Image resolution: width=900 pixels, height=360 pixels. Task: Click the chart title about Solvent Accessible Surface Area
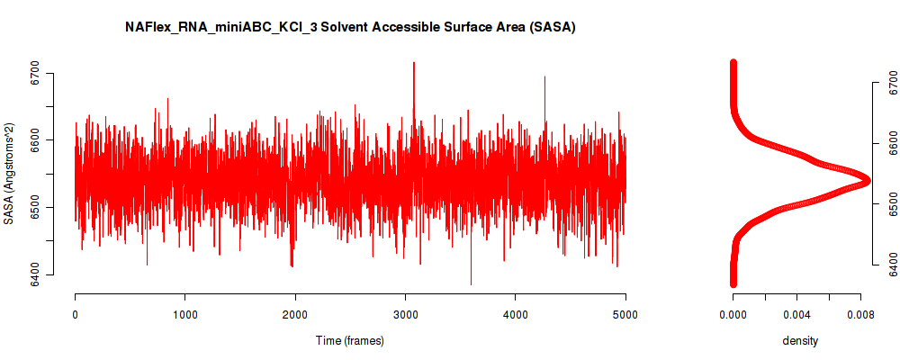(x=350, y=27)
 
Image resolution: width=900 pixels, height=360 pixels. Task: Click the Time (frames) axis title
(x=350, y=340)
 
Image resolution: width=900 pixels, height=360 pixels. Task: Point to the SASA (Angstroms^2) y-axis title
(x=9, y=174)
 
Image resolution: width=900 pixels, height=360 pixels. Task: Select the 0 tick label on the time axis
(x=76, y=315)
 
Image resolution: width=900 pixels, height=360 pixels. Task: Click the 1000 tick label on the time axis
(x=184, y=315)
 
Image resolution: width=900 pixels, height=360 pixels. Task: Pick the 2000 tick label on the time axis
(x=295, y=315)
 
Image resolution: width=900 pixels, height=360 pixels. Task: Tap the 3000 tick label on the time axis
(x=405, y=315)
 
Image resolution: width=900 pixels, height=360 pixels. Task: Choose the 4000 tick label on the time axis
(x=515, y=315)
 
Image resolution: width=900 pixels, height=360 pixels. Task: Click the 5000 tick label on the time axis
(x=625, y=315)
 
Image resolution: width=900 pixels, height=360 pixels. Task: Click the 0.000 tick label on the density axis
(x=733, y=315)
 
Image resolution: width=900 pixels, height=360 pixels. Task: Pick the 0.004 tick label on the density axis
(x=796, y=315)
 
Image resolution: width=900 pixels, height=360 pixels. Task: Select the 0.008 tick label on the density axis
(x=860, y=315)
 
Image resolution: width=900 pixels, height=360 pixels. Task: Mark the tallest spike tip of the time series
(x=413, y=62)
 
